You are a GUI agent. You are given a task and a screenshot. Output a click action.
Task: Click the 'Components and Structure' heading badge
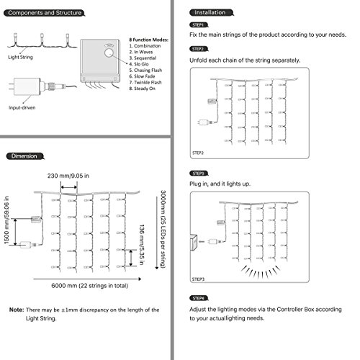tap(45, 13)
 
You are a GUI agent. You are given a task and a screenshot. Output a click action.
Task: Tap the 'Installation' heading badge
tap(212, 12)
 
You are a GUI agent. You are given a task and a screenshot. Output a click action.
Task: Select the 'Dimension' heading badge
tap(25, 156)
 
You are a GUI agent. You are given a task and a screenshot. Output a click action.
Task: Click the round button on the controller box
tap(109, 53)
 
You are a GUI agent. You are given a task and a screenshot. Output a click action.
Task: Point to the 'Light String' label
tap(20, 57)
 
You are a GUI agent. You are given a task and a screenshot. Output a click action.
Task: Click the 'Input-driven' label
tap(22, 108)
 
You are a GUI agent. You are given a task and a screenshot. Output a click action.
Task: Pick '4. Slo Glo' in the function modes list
tap(139, 64)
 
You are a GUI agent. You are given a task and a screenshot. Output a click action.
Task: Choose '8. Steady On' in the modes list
tap(143, 89)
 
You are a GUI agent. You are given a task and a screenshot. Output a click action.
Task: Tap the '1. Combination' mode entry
tap(145, 46)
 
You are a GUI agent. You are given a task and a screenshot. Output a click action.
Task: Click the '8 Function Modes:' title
tap(149, 40)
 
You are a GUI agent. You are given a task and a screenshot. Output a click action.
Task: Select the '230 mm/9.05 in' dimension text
tap(68, 176)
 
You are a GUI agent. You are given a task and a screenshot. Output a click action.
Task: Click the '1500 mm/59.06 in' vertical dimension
tap(6, 220)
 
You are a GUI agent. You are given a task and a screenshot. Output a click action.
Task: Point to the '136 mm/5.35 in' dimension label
tap(142, 245)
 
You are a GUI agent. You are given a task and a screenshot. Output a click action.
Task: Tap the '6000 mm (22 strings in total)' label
tap(90, 286)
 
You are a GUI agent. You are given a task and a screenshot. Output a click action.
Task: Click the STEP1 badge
tap(199, 25)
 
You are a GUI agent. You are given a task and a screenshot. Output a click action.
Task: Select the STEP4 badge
tap(199, 298)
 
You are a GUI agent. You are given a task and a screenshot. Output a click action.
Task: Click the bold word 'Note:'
tap(17, 310)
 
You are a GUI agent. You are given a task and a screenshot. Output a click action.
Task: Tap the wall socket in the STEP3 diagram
tap(194, 243)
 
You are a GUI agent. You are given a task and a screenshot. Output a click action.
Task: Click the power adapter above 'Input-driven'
tap(27, 86)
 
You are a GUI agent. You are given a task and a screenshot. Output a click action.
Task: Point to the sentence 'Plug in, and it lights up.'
tap(220, 184)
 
